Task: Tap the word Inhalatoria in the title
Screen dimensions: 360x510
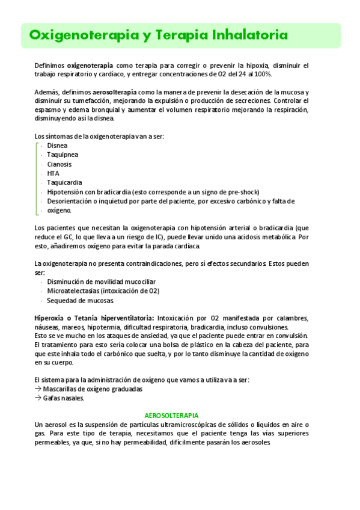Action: [250, 35]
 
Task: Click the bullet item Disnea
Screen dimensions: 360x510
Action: [57, 146]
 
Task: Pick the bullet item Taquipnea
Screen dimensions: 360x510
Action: [63, 155]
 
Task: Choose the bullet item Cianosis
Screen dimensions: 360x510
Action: [59, 164]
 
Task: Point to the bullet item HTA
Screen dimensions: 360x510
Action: [53, 173]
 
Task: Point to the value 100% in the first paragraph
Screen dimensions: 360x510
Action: [263, 74]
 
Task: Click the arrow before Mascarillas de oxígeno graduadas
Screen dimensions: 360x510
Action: [38, 389]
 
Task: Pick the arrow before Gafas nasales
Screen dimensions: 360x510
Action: [38, 398]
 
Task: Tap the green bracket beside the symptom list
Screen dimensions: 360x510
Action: [37, 177]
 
